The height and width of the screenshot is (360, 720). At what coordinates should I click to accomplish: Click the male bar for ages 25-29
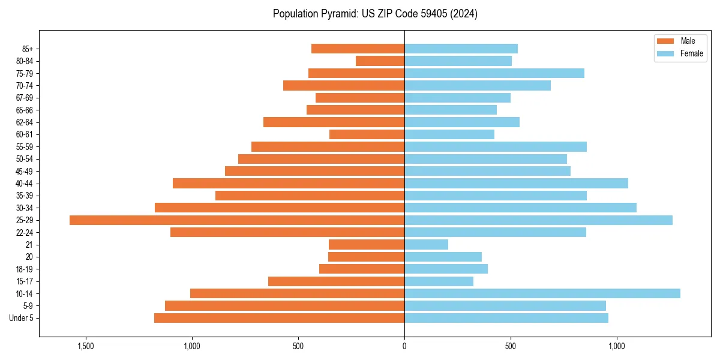[237, 220]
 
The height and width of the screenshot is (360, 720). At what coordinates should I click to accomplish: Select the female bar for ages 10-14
[542, 293]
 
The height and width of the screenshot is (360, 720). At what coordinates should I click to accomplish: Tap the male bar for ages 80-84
[380, 61]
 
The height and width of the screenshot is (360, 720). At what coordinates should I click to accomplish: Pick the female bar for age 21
[426, 245]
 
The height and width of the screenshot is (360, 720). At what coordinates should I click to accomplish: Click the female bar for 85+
[461, 49]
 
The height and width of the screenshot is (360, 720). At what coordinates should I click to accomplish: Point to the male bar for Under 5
[279, 318]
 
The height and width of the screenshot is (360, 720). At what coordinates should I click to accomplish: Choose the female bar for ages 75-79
[494, 73]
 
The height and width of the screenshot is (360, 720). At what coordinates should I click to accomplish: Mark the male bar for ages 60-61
[367, 134]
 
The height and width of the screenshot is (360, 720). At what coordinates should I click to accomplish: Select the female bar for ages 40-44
[516, 184]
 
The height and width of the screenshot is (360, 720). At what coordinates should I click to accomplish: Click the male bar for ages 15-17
[336, 281]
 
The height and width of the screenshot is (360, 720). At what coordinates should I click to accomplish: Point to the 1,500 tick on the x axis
[86, 346]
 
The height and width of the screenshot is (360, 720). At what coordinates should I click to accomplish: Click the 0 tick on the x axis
[404, 346]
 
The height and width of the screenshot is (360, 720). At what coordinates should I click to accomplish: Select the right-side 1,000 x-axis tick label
[617, 346]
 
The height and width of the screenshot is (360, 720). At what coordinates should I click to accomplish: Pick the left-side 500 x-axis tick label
[298, 346]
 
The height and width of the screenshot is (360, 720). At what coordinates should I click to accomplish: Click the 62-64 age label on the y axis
[24, 122]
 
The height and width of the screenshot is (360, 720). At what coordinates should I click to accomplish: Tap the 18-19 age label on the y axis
[24, 269]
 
